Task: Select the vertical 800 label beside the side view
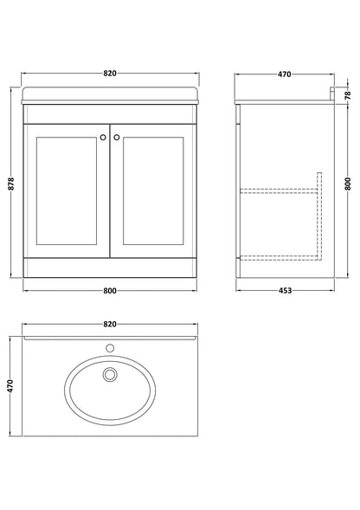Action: [349, 184]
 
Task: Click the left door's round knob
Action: [104, 136]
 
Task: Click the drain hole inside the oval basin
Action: [109, 375]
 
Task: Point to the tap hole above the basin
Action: [110, 347]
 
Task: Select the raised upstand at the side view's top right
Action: [332, 93]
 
